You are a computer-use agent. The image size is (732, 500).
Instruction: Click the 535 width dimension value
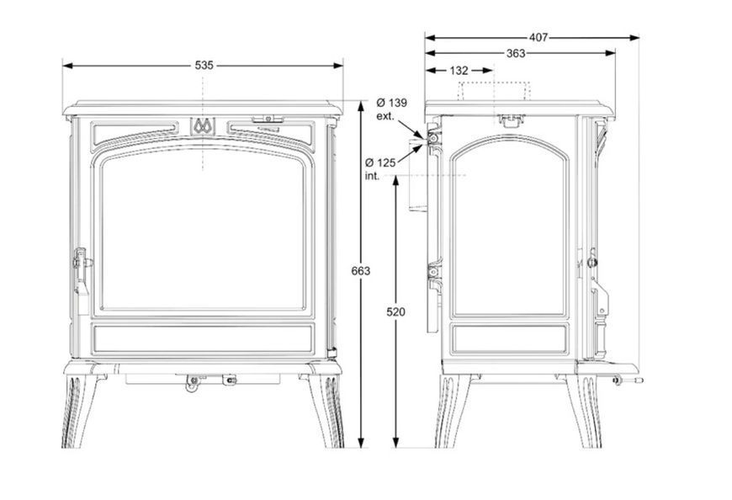click(x=204, y=66)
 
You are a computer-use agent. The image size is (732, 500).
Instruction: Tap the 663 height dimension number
click(x=360, y=271)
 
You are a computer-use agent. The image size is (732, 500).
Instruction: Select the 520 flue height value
click(x=396, y=311)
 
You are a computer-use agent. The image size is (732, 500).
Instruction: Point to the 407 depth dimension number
click(x=538, y=37)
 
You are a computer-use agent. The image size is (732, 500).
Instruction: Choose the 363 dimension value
click(x=516, y=53)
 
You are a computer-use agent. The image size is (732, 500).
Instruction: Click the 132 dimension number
click(x=459, y=71)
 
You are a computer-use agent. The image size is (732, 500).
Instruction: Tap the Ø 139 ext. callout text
click(x=391, y=109)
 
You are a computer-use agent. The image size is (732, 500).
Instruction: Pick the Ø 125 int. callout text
click(x=380, y=169)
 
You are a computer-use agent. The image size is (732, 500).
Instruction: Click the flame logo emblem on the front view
click(x=203, y=125)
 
